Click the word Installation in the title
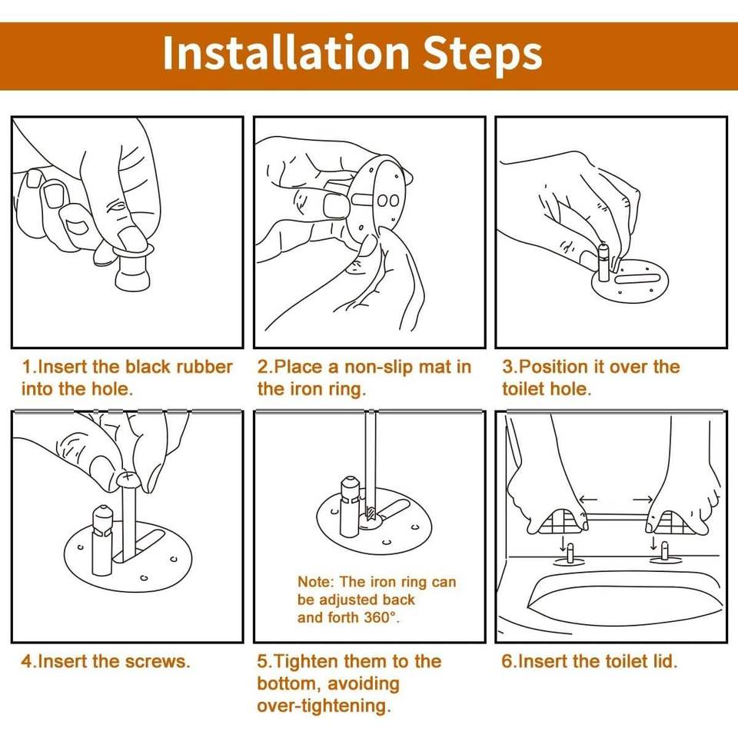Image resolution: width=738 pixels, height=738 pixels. [x=286, y=52]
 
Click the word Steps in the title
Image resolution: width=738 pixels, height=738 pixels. [x=483, y=56]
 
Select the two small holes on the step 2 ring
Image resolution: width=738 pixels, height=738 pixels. [x=388, y=201]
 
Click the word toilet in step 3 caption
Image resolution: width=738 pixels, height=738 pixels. [x=521, y=389]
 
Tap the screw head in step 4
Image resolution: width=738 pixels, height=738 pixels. [x=128, y=480]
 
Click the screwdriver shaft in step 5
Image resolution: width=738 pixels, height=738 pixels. [x=371, y=461]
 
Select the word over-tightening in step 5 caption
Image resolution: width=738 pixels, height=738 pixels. [x=324, y=706]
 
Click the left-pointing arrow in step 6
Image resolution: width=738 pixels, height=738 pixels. [x=588, y=500]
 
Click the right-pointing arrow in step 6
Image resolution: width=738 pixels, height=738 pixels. [x=643, y=500]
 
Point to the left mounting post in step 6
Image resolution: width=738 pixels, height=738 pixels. [x=570, y=552]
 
